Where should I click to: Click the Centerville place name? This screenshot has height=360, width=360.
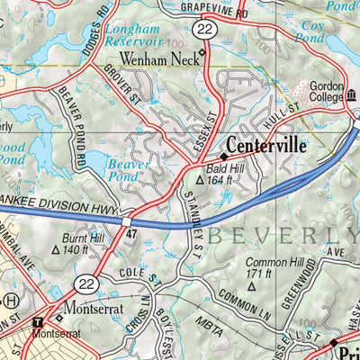point(268,145)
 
